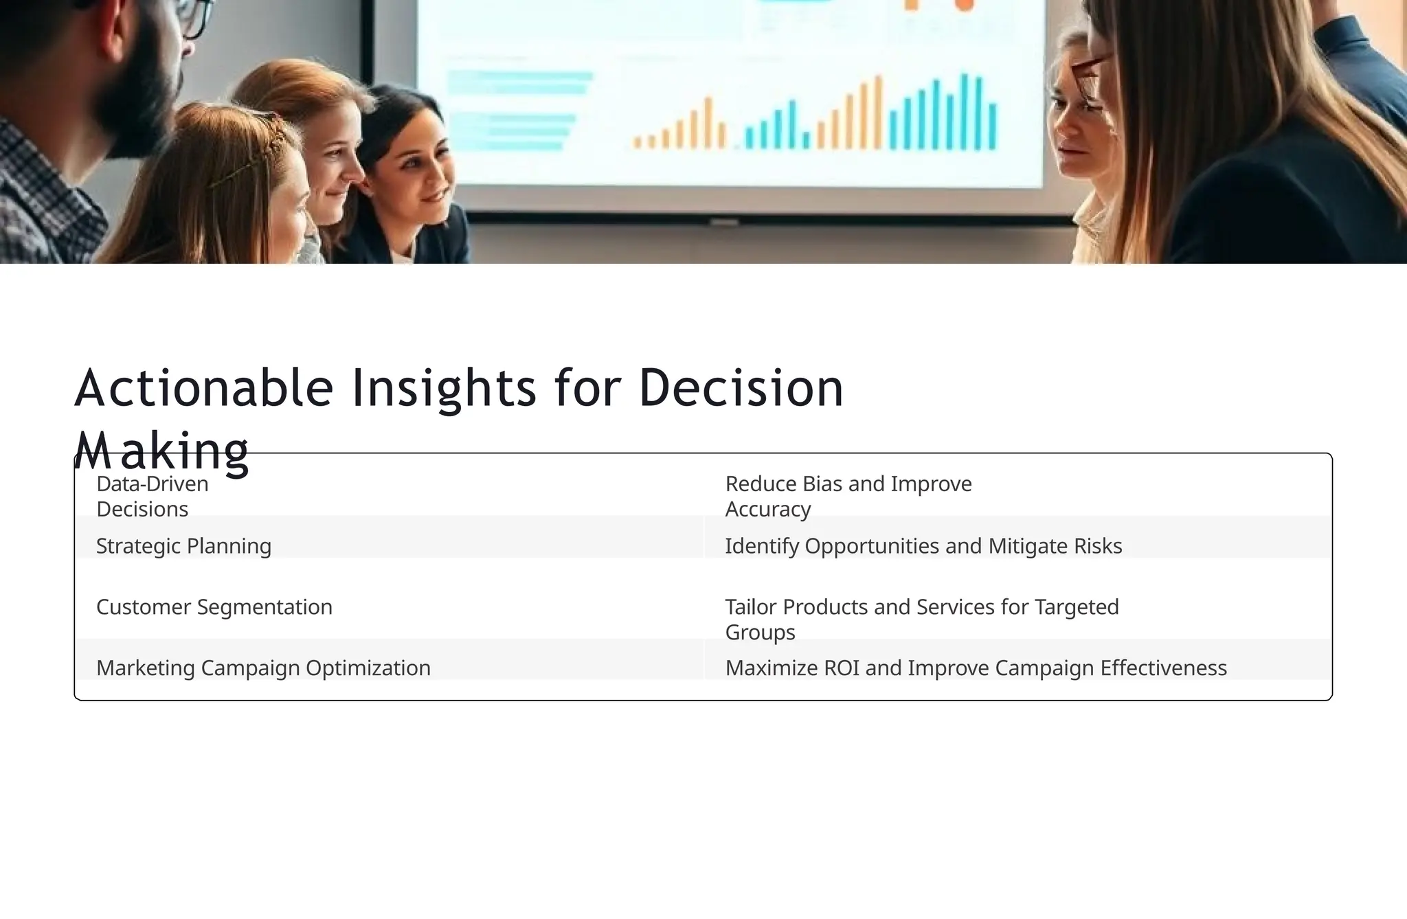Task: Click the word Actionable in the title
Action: click(x=203, y=388)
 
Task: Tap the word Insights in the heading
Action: click(x=443, y=388)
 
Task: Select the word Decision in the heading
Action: click(x=741, y=388)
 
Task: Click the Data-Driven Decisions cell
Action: click(x=153, y=496)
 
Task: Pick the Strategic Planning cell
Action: click(x=183, y=546)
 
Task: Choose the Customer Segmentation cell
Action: click(x=214, y=607)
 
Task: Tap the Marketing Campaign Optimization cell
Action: click(x=263, y=668)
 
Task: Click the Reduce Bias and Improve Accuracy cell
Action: click(x=848, y=496)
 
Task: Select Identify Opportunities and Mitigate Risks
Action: click(x=923, y=546)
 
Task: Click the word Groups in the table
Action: click(x=760, y=632)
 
